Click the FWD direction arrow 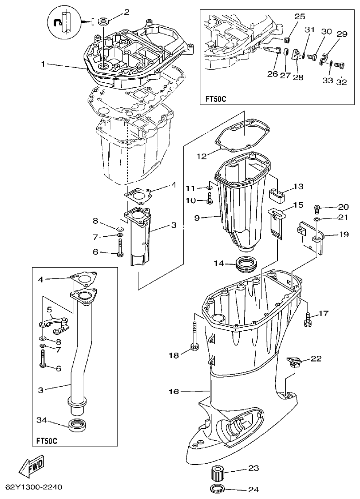coord(31,469)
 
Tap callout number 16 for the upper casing coord(174,392)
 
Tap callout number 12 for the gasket coord(202,156)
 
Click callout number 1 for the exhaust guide coord(43,64)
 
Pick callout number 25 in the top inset coord(299,16)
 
